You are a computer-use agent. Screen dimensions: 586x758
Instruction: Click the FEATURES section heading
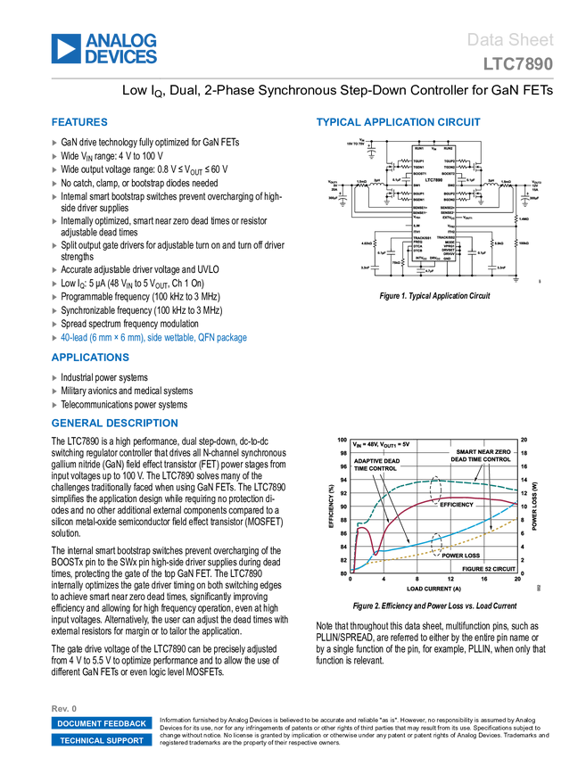click(x=79, y=123)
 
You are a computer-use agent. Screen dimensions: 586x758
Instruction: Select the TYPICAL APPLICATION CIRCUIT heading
click(x=398, y=123)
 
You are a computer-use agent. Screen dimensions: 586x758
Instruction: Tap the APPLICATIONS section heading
click(x=90, y=358)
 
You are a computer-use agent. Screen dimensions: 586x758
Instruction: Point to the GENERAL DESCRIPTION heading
click(x=114, y=424)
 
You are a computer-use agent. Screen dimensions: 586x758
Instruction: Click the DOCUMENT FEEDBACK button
click(x=102, y=723)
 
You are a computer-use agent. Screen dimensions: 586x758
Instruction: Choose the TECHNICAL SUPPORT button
click(x=102, y=740)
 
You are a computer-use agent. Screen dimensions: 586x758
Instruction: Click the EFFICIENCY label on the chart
click(x=456, y=505)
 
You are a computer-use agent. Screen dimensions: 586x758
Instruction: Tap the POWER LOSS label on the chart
click(x=460, y=555)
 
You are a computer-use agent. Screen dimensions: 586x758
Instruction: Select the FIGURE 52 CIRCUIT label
click(x=488, y=567)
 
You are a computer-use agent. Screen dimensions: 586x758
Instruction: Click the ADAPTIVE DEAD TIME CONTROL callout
click(x=376, y=464)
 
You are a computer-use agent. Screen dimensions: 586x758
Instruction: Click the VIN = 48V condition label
click(x=382, y=443)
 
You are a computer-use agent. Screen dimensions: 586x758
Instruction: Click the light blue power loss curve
click(x=446, y=538)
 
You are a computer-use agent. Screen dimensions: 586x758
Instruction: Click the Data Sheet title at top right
click(x=510, y=40)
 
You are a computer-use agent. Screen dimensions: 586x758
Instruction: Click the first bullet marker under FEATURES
click(x=54, y=142)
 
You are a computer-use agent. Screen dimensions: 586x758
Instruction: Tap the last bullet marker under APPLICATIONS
click(x=54, y=405)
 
